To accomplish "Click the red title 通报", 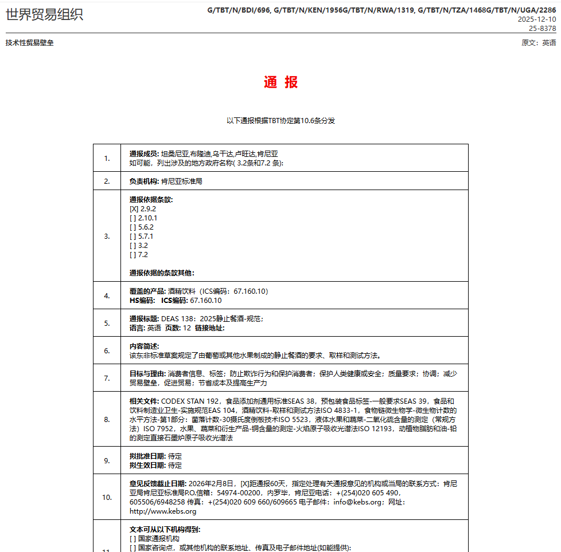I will (280, 82).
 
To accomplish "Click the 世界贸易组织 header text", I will (44, 15).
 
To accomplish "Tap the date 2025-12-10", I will (537, 19).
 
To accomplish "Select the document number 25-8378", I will (541, 28).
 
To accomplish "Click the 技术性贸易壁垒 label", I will (30, 43).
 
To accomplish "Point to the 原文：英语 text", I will (539, 43).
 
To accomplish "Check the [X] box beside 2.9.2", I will (134, 209).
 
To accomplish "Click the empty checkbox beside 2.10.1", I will (133, 218).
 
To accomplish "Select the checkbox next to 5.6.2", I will (133, 227).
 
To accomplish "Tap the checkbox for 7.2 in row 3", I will (133, 255).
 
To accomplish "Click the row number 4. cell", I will (107, 296).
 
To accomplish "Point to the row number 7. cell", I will (107, 378).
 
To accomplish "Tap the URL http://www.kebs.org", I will (163, 511).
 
